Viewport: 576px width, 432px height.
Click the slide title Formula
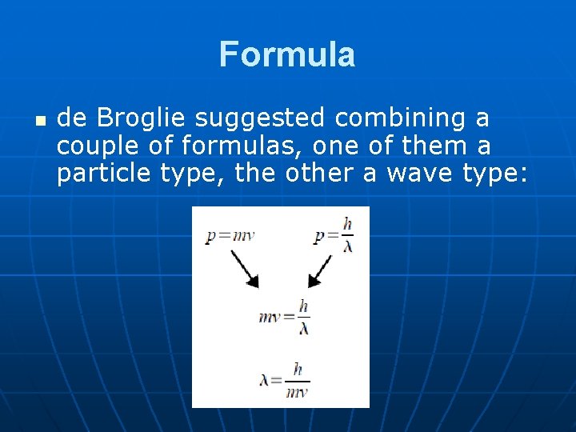(287, 54)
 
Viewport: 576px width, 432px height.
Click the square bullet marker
(40, 121)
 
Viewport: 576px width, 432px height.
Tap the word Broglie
(141, 118)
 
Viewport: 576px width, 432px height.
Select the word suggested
(262, 119)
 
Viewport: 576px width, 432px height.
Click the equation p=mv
(230, 236)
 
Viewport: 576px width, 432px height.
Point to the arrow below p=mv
(244, 268)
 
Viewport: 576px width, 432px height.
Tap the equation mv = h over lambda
(284, 317)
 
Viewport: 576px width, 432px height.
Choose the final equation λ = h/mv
(284, 379)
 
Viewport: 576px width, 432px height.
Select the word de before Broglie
(72, 118)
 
